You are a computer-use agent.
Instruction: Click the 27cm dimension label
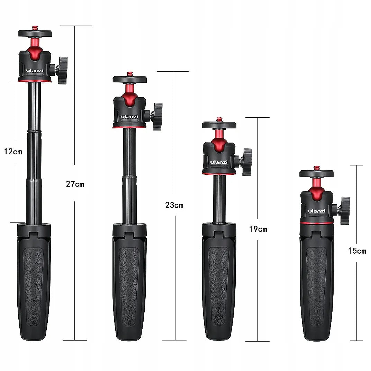(x=75, y=184)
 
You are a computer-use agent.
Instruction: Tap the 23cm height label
(x=174, y=205)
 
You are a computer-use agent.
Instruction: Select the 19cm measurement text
(x=258, y=229)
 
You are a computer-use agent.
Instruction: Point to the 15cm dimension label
(x=357, y=251)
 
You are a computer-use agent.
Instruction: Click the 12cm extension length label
(x=13, y=152)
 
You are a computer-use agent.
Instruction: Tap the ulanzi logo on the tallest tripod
(x=35, y=70)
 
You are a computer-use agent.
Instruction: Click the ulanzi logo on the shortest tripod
(x=317, y=211)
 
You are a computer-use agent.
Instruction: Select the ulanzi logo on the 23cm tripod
(x=129, y=116)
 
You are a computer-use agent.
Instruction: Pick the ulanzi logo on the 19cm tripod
(x=219, y=162)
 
